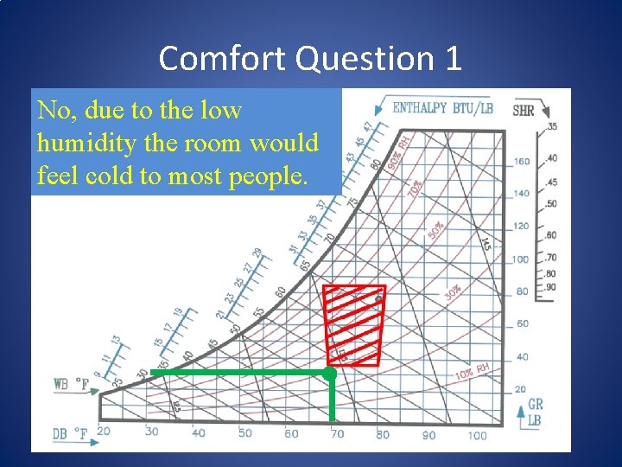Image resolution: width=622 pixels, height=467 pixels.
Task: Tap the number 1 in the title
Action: pyautogui.click(x=453, y=59)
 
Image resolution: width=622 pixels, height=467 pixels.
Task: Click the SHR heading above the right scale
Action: pyautogui.click(x=524, y=111)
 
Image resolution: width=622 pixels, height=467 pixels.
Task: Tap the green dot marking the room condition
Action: pyautogui.click(x=329, y=373)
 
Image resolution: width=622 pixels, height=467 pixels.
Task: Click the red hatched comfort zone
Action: pyautogui.click(x=354, y=324)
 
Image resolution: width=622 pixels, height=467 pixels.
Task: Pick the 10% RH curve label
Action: pyautogui.click(x=473, y=373)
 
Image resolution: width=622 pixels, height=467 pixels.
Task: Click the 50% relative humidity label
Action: pyautogui.click(x=436, y=230)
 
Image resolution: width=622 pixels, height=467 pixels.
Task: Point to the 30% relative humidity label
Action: pyautogui.click(x=453, y=294)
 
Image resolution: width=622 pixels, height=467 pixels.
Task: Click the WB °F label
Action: pyautogui.click(x=72, y=383)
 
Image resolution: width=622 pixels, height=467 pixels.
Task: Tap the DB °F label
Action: pyautogui.click(x=72, y=432)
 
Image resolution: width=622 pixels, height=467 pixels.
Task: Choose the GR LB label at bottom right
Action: pyautogui.click(x=536, y=411)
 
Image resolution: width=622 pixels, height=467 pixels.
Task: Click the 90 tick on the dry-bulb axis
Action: pyautogui.click(x=428, y=435)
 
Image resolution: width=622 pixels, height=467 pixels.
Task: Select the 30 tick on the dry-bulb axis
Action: pyautogui.click(x=152, y=432)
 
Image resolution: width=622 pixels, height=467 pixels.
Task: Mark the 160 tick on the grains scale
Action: pyautogui.click(x=522, y=161)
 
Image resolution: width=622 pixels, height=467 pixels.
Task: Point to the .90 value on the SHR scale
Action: pyautogui.click(x=551, y=286)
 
